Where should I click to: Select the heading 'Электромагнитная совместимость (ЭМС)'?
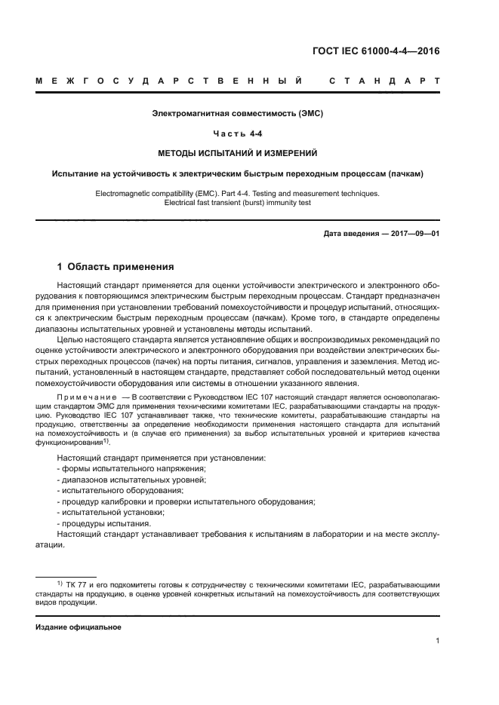point(238,114)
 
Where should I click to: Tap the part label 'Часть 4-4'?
point(238,133)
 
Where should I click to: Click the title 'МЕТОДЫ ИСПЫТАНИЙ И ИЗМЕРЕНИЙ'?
point(238,153)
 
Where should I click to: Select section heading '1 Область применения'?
point(116,266)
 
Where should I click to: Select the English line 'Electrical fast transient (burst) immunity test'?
point(238,202)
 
